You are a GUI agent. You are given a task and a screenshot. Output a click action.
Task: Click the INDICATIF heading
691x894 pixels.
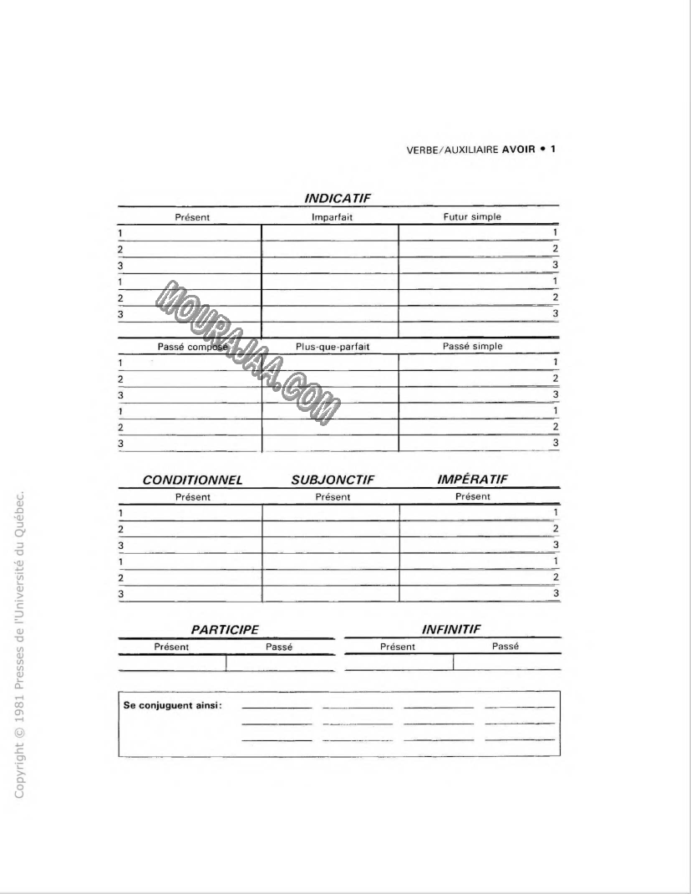(x=338, y=198)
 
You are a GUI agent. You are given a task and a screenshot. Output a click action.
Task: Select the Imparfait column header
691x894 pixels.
(x=329, y=217)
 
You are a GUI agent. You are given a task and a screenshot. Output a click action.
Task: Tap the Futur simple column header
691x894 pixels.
(x=472, y=216)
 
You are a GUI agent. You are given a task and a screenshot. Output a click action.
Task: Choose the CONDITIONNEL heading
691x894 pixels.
(x=192, y=480)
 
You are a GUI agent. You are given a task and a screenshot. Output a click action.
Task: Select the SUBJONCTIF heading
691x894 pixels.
(x=332, y=480)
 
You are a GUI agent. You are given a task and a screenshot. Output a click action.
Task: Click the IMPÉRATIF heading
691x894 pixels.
(x=473, y=480)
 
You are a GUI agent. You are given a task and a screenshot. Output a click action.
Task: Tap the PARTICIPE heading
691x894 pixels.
(x=225, y=629)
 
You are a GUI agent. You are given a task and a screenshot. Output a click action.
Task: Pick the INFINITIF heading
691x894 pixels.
(x=451, y=628)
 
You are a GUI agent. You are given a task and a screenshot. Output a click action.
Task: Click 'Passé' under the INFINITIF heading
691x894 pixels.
(x=506, y=646)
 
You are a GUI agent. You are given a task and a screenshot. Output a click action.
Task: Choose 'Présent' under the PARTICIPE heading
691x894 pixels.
(x=171, y=647)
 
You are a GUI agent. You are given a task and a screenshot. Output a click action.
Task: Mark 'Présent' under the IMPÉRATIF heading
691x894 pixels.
(x=472, y=496)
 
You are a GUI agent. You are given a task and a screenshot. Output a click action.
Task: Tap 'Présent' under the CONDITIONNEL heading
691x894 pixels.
(x=192, y=497)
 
